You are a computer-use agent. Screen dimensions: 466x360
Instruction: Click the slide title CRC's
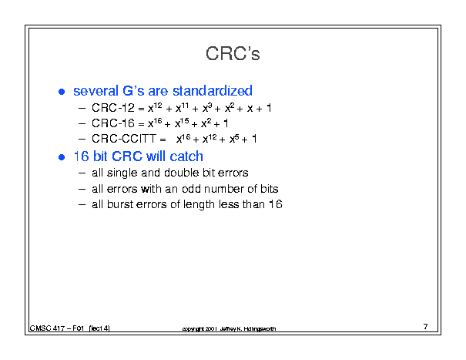[x=233, y=53]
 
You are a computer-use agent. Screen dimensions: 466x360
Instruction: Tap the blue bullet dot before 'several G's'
[x=62, y=92]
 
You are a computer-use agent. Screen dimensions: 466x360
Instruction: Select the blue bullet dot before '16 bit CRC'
[x=62, y=157]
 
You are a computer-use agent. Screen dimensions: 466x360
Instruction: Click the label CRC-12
[x=113, y=108]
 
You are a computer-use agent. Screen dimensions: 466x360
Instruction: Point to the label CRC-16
[x=113, y=123]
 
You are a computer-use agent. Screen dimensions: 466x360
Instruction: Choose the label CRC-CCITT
[x=124, y=139]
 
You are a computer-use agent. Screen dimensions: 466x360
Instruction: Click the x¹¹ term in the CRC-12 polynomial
[x=183, y=107]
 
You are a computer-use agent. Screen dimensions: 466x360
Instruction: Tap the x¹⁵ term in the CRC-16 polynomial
[x=182, y=123]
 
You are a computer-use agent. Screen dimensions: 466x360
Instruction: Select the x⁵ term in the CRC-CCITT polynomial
[x=234, y=138]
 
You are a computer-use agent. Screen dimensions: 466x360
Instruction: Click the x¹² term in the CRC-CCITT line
[x=210, y=138]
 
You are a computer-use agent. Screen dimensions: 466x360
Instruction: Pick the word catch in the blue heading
[x=186, y=156]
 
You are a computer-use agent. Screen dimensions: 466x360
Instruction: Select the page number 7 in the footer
[x=426, y=327]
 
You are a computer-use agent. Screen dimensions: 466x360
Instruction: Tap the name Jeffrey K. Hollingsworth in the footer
[x=248, y=328]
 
